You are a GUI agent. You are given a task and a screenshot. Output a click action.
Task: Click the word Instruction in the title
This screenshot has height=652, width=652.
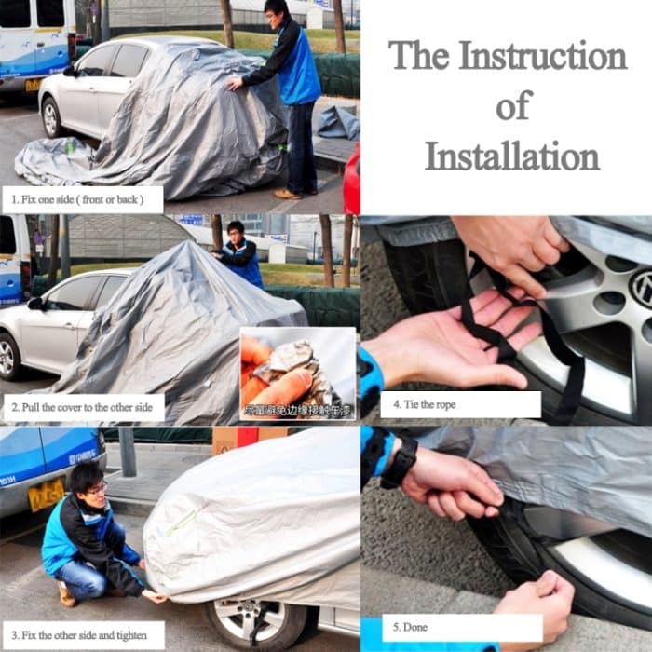click(x=540, y=56)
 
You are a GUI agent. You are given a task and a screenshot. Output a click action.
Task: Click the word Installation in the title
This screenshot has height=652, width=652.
click(x=511, y=155)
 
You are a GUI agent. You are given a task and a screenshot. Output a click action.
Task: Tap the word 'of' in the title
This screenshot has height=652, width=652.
click(x=512, y=105)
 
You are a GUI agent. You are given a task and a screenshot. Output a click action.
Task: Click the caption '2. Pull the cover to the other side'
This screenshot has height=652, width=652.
click(x=84, y=407)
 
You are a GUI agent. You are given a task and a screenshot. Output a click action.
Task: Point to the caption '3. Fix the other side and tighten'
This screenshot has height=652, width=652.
click(x=84, y=635)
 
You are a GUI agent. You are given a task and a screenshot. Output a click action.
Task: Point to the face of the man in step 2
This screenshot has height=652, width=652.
click(x=236, y=232)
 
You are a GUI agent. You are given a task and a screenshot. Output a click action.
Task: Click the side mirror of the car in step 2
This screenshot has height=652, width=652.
click(x=35, y=303)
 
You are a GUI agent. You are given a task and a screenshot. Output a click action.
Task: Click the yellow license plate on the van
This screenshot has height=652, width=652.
click(x=46, y=494)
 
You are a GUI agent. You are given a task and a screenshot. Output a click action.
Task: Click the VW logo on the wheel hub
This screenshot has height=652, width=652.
click(x=641, y=288)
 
